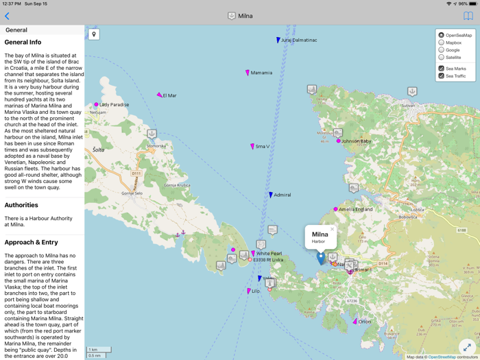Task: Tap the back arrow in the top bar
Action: (8, 16)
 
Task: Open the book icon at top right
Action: (468, 16)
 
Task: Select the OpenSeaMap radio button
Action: (442, 35)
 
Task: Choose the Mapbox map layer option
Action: (442, 43)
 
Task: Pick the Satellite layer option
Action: (442, 58)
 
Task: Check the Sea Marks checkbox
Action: (442, 69)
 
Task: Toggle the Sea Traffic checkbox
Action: (442, 76)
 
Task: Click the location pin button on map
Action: (94, 34)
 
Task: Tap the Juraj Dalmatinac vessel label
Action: (298, 40)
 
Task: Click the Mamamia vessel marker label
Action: (261, 73)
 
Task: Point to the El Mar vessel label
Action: (169, 96)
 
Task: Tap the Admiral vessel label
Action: (282, 195)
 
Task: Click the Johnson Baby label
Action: (356, 141)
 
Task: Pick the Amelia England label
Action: (355, 209)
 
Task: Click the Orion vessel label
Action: (364, 322)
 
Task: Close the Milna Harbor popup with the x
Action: (332, 230)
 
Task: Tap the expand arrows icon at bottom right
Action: (467, 347)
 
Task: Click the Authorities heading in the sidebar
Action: (21, 205)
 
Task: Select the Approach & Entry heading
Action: (32, 242)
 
